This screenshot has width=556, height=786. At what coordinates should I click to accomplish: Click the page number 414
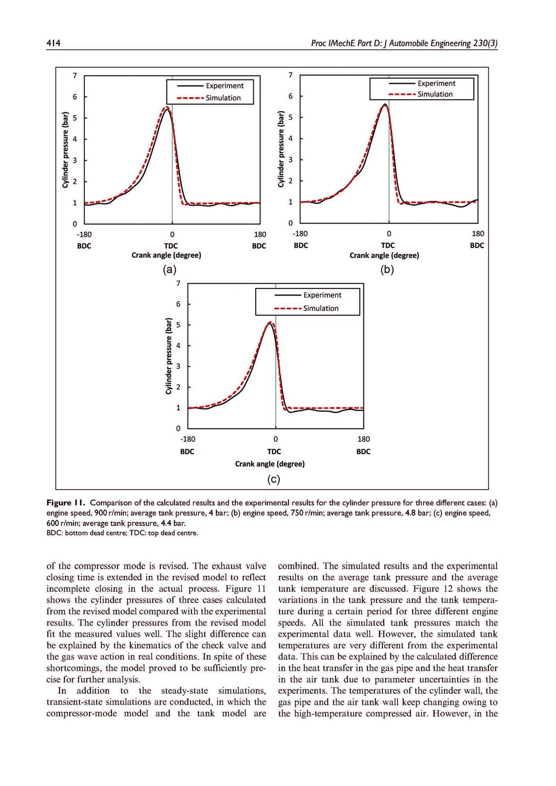tap(53, 43)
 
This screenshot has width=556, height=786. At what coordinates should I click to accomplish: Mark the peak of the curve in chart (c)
tap(270, 323)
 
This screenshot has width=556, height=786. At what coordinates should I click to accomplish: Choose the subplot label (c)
tap(273, 479)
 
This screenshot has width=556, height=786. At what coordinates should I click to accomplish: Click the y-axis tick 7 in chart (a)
tap(75, 75)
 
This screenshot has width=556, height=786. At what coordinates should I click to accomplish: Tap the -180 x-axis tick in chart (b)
tap(300, 234)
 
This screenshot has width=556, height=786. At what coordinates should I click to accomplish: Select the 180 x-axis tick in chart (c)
tap(364, 439)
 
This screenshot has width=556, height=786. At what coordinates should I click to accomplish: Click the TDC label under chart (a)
tap(171, 246)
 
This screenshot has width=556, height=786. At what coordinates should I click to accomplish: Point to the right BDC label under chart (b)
tap(477, 246)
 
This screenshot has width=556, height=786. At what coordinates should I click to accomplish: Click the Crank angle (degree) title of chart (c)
tap(270, 464)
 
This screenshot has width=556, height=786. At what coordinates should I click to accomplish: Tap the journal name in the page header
tap(404, 43)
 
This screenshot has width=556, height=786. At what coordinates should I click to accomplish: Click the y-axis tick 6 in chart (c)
tap(178, 304)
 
